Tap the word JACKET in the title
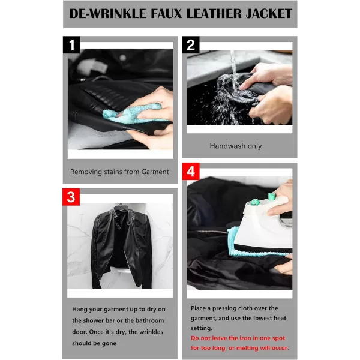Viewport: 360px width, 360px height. (269, 14)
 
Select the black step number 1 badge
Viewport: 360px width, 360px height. (71, 45)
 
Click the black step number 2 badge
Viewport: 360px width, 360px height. (191, 45)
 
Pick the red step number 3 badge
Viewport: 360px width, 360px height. (71, 197)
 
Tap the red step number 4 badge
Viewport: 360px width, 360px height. (191, 172)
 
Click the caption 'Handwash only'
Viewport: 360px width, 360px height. (236, 146)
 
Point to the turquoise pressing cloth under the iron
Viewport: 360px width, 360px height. (253, 245)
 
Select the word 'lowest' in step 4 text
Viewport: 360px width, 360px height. (260, 318)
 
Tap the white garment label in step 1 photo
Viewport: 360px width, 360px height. (92, 66)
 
